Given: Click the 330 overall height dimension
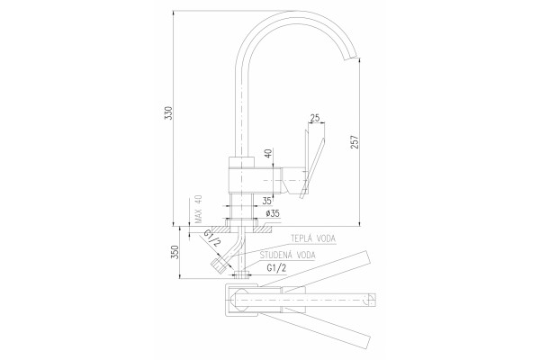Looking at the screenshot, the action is coord(169,113).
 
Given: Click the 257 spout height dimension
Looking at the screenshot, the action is coord(355,142).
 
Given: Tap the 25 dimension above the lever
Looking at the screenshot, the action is coord(315,118).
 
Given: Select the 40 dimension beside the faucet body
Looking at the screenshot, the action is coord(268,153).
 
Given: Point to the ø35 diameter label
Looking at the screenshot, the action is coord(273,213).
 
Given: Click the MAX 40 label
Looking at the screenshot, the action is coord(198,209).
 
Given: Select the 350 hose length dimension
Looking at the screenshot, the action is coord(175,252).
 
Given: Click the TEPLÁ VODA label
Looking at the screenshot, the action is coord(313,238).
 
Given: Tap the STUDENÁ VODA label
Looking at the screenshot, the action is coord(288,256).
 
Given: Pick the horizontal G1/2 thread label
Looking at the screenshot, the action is coord(276,268).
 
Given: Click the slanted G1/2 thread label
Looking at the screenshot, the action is coord(211,238).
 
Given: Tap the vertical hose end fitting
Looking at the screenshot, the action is coord(241,274).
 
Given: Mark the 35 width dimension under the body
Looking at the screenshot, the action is coord(267,201).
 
